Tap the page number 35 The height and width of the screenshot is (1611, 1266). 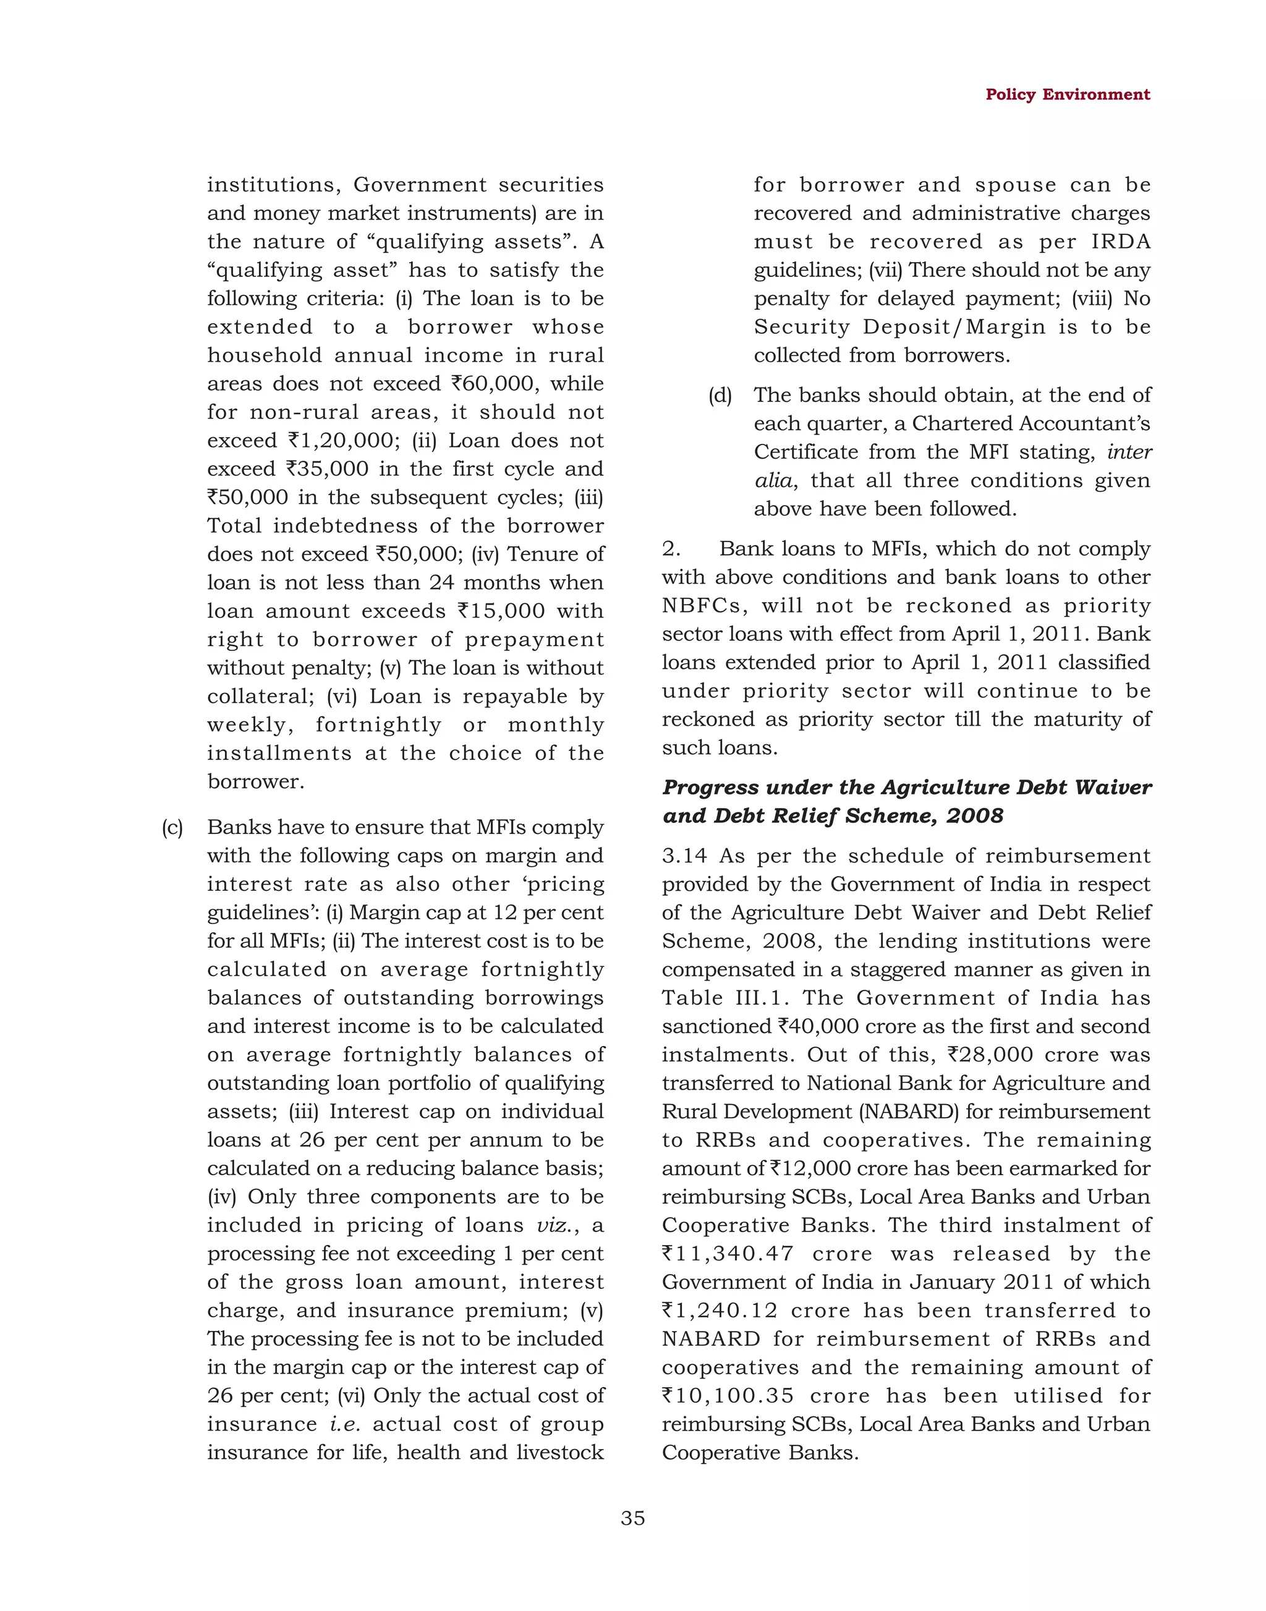tap(632, 1518)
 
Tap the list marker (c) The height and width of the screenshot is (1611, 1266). tap(172, 827)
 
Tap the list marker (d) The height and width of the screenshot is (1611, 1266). tap(720, 395)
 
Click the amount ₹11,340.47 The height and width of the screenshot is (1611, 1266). tap(727, 1254)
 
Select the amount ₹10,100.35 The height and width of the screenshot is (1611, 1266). tap(727, 1395)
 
